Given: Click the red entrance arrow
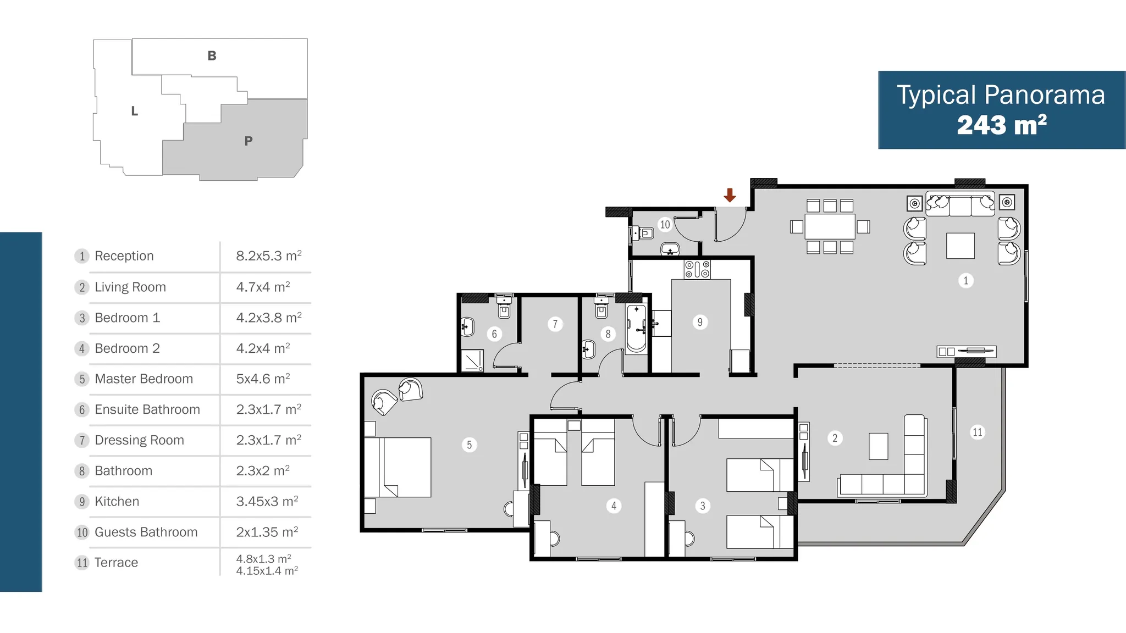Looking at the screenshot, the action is pyautogui.click(x=730, y=195).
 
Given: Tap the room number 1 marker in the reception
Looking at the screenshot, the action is pyautogui.click(x=966, y=281).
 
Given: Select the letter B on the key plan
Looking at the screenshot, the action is pyautogui.click(x=212, y=55).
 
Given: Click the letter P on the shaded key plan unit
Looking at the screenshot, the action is pyautogui.click(x=249, y=141).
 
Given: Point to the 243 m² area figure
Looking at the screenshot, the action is pyautogui.click(x=1002, y=125).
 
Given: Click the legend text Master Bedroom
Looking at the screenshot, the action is pyautogui.click(x=144, y=379).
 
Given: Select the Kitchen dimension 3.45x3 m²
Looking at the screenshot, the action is pyautogui.click(x=267, y=501).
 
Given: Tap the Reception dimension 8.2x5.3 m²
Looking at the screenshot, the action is pyautogui.click(x=269, y=256).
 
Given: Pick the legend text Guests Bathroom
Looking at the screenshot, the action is pyautogui.click(x=146, y=532).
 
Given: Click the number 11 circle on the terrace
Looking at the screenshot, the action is pyautogui.click(x=977, y=432).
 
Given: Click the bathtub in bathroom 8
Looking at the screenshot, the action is pyautogui.click(x=637, y=328).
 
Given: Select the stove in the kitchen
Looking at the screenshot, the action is pyautogui.click(x=697, y=270).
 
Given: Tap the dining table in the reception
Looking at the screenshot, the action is pyautogui.click(x=830, y=226).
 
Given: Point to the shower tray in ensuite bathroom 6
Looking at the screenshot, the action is pyautogui.click(x=472, y=360).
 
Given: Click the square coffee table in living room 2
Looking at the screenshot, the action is pyautogui.click(x=879, y=446).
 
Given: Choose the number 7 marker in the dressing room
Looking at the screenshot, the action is pyautogui.click(x=555, y=324).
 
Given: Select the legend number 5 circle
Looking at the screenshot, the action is pyautogui.click(x=82, y=379).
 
